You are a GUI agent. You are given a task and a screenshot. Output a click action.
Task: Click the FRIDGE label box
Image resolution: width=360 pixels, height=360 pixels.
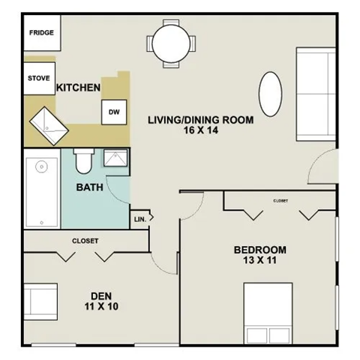40,33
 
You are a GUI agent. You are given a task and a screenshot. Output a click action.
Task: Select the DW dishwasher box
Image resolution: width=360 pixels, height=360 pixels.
114,112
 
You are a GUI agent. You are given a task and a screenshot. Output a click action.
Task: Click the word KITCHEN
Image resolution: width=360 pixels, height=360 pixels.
78,88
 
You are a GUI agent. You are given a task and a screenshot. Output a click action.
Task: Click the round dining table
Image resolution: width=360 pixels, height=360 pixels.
174,43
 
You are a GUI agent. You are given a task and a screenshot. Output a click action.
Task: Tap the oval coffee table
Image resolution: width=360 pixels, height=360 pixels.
271,93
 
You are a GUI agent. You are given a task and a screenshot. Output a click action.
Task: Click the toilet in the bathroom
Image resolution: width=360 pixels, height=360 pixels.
84,160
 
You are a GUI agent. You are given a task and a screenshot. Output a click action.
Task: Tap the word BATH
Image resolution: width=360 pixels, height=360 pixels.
89,187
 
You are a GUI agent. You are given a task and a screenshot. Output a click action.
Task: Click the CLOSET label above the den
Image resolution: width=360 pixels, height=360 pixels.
85,241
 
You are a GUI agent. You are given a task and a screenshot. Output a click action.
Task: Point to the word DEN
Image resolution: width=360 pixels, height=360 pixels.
98,295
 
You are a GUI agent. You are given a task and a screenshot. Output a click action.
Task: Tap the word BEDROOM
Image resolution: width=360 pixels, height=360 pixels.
259,250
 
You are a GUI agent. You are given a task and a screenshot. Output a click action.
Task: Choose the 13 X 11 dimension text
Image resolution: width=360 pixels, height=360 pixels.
259,262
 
